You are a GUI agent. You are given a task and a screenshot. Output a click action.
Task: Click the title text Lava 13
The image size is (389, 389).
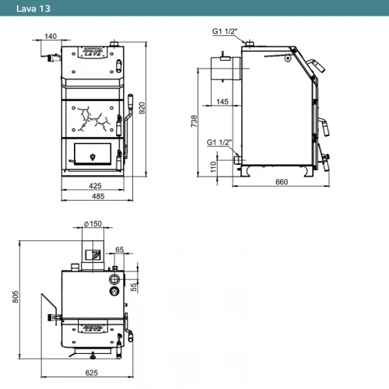[33, 9]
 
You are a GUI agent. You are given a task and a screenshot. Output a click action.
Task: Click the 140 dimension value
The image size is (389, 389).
[51, 36]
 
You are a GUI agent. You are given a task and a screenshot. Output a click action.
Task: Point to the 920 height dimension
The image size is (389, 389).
[142, 108]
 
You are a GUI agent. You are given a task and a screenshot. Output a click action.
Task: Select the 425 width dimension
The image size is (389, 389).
[95, 186]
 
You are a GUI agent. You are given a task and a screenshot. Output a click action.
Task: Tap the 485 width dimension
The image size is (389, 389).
[98, 196]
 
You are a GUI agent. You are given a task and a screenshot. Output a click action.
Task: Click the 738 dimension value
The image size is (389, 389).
[194, 121]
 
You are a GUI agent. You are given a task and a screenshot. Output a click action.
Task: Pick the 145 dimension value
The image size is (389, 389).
[223, 101]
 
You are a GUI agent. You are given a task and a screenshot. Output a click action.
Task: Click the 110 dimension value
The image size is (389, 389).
[213, 167]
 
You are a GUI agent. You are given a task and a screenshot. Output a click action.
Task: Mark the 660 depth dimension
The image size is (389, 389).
[282, 182]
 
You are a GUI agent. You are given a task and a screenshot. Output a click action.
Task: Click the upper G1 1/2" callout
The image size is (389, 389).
[225, 31]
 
